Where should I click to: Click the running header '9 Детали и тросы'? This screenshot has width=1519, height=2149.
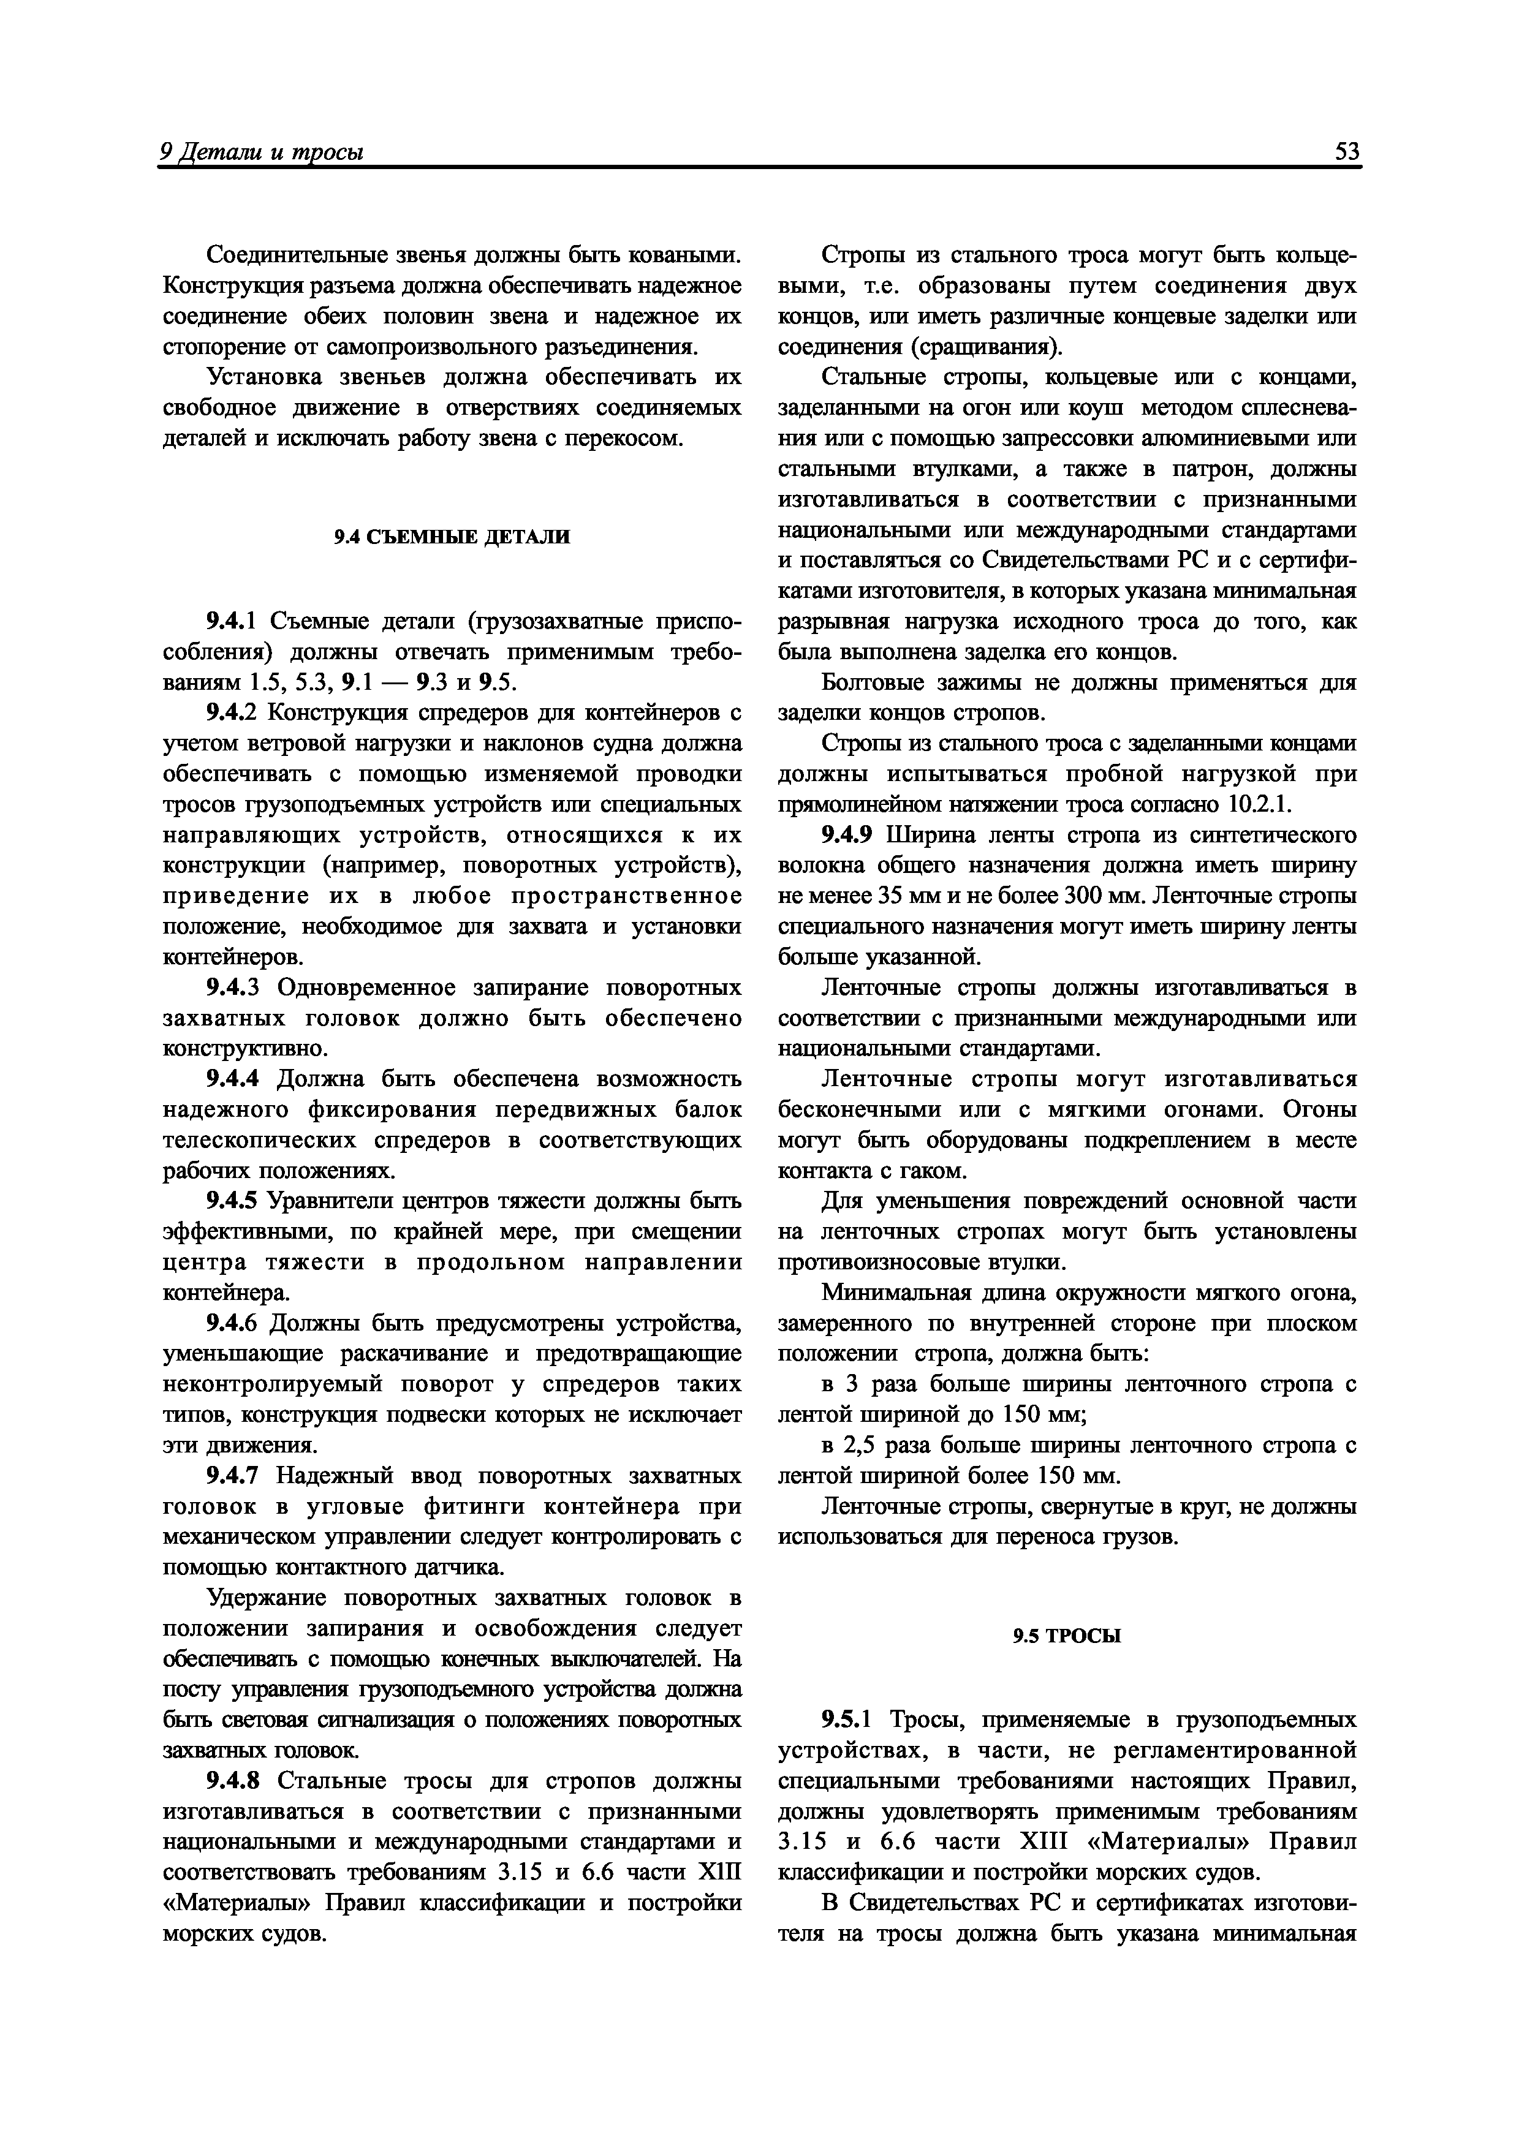click(262, 152)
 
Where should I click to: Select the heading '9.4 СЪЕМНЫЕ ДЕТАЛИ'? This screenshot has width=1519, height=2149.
click(452, 537)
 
